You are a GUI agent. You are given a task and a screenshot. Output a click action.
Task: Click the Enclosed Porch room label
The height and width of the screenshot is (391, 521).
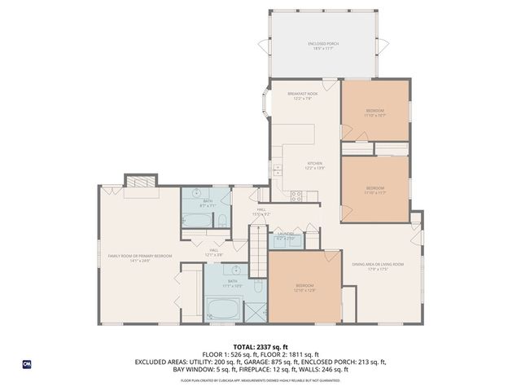[x=326, y=45]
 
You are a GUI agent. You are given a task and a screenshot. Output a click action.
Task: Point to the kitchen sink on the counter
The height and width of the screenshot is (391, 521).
[x=277, y=170]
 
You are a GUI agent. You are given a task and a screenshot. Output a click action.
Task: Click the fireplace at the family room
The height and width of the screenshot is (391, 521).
[x=138, y=181]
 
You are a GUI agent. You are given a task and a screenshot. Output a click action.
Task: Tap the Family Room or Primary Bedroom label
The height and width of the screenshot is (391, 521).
[x=140, y=257]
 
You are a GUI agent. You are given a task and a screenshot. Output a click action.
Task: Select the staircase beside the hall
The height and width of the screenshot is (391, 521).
[x=258, y=253]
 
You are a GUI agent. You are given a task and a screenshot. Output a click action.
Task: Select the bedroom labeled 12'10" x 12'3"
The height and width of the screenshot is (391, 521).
[x=305, y=287]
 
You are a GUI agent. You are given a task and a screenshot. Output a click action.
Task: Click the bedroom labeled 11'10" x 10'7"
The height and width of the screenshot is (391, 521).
[x=374, y=112]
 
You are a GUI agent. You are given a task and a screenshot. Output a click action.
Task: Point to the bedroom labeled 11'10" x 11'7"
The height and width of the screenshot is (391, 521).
[x=374, y=190]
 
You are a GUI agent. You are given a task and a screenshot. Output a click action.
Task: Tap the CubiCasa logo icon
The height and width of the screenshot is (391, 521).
[x=26, y=364]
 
